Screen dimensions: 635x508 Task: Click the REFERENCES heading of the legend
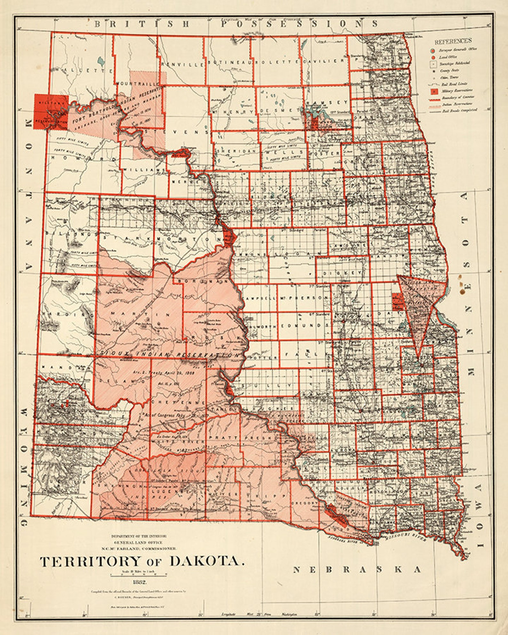coord(453,41)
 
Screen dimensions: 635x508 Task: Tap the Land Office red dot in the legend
coord(433,57)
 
